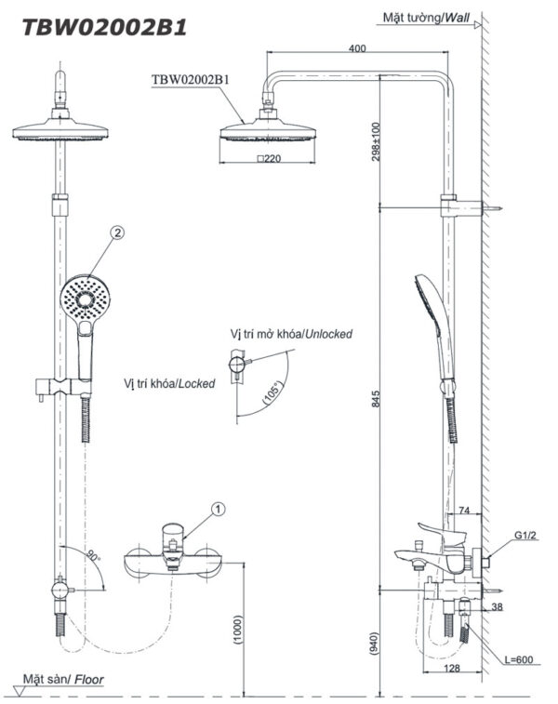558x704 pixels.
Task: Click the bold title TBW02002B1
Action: (x=104, y=28)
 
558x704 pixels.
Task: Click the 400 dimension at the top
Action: (x=357, y=48)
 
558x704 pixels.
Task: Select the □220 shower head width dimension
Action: (x=269, y=158)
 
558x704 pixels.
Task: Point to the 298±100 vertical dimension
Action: (x=376, y=141)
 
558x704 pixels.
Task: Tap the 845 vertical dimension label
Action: (x=376, y=399)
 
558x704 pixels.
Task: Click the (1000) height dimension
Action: (x=238, y=629)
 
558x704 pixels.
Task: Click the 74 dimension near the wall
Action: (x=464, y=511)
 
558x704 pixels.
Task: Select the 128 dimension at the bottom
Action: (x=452, y=669)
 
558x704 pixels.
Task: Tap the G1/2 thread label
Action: (x=525, y=535)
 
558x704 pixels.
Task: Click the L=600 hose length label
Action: (x=519, y=659)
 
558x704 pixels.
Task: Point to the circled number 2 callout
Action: (x=117, y=232)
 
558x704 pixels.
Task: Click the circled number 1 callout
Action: (x=219, y=509)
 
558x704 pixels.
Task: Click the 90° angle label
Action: (x=93, y=556)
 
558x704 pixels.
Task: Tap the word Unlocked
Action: (x=328, y=334)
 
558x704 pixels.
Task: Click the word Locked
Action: (x=196, y=383)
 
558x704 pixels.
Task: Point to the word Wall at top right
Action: (x=457, y=18)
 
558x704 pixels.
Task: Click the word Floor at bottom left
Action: (x=89, y=680)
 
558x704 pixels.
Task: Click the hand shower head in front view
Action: (x=85, y=298)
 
